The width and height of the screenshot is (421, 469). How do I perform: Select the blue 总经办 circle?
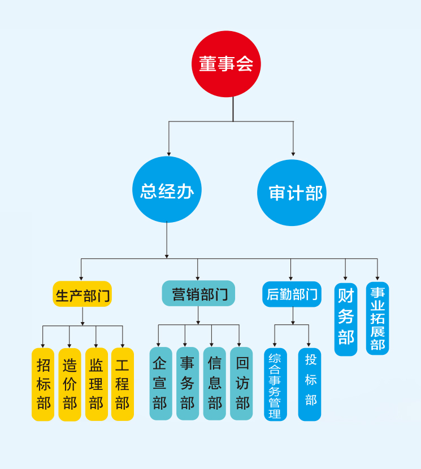pyautogui.click(x=167, y=190)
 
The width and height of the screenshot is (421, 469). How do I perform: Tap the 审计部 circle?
pyautogui.click(x=292, y=192)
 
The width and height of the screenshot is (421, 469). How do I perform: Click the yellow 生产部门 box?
pyautogui.click(x=83, y=294)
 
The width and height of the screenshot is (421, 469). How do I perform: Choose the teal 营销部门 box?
pyautogui.click(x=198, y=294)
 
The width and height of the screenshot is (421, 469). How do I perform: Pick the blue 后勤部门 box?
pyautogui.click(x=292, y=294)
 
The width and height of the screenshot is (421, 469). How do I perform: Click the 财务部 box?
pyautogui.click(x=346, y=319)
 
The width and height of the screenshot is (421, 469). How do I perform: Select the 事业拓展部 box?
pyautogui.click(x=377, y=318)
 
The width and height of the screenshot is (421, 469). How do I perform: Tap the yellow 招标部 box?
pyautogui.click(x=43, y=384)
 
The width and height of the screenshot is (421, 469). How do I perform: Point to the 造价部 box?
pyautogui.click(x=70, y=384)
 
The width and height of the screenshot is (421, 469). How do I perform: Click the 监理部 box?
pyautogui.click(x=96, y=384)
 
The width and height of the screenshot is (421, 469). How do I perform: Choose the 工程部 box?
pyautogui.click(x=123, y=384)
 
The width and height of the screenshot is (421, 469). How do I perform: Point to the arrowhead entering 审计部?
pyautogui.click(x=293, y=153)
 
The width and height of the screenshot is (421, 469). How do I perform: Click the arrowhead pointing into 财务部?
pyautogui.click(x=346, y=279)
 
